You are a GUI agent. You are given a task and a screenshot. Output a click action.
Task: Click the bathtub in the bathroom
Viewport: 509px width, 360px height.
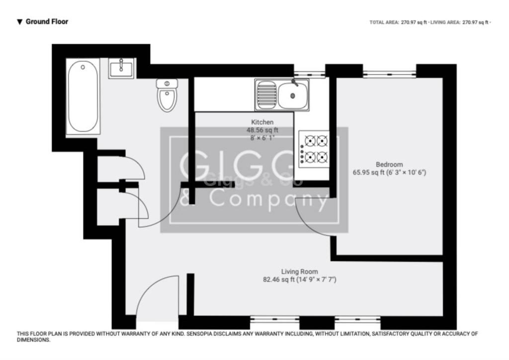coord(83,97)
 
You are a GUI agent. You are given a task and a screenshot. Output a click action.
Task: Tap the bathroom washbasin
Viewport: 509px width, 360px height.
coord(121,68)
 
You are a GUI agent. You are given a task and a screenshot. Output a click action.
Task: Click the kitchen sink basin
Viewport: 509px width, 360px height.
coord(293,95)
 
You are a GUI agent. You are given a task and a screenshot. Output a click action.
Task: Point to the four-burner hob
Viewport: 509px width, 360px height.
coord(314,149)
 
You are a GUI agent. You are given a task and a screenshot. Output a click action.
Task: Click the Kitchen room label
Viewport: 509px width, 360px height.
coord(262,122)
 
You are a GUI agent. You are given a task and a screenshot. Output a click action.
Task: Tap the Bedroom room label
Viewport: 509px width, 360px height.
coord(389,165)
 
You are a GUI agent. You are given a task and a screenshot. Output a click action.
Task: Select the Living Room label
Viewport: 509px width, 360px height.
coord(299,271)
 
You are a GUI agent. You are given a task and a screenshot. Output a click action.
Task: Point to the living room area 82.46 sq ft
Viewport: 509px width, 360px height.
coord(279,280)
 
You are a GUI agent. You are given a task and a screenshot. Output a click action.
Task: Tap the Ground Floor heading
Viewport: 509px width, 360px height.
coord(47,21)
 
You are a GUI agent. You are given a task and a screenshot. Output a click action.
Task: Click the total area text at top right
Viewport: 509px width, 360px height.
coord(398,22)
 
